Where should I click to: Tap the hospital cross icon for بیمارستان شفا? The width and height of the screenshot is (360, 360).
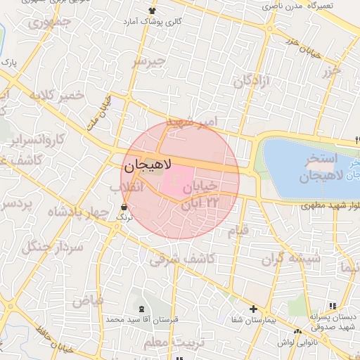coord(253,309)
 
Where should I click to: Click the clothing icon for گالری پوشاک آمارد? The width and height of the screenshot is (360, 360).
coord(153,11)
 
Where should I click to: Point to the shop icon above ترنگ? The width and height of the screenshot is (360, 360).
coord(124,207)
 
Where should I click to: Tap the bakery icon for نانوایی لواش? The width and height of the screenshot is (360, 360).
coord(298,331)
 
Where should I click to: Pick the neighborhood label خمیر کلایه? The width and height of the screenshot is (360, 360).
coord(57,95)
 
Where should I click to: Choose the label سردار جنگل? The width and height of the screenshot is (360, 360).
coord(52,246)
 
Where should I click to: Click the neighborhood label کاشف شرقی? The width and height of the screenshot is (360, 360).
coord(181,259)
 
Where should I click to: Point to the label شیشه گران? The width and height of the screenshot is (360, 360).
coord(291,259)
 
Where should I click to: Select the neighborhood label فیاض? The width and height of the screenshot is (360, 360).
coord(88,300)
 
